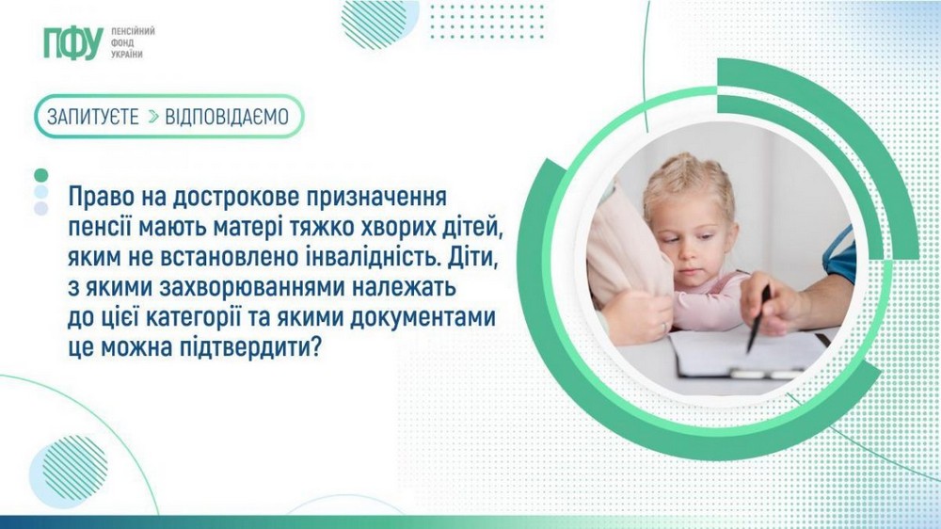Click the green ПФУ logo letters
tap(72, 43)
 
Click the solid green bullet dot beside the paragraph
tap(40, 175)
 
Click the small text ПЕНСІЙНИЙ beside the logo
tap(133, 31)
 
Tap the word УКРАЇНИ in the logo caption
tap(127, 56)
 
